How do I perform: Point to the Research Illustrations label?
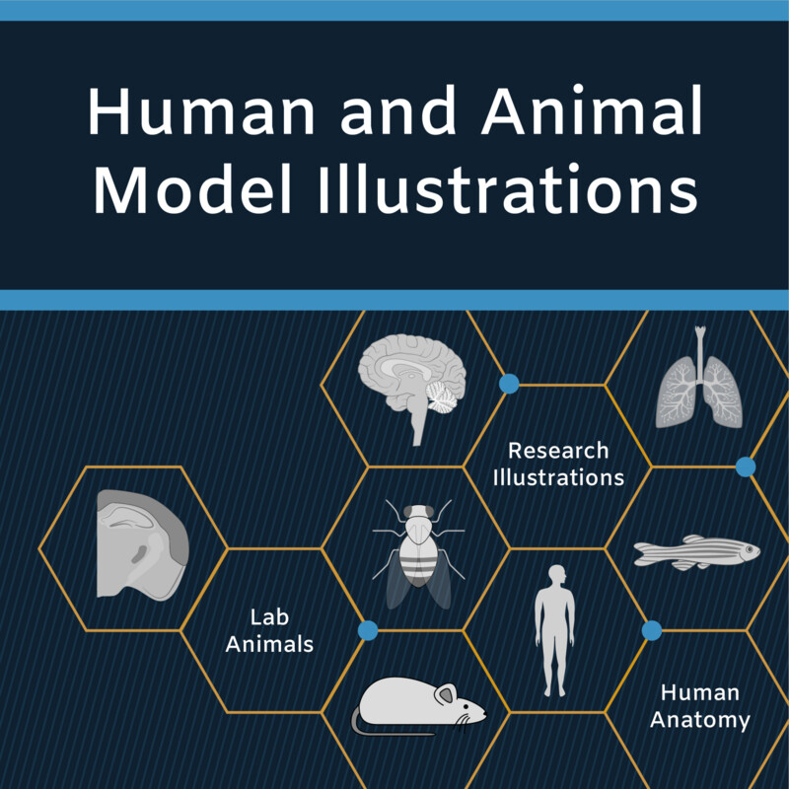click(558, 464)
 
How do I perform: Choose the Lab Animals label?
click(269, 631)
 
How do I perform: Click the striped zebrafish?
click(696, 550)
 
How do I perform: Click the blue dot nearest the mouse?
click(368, 630)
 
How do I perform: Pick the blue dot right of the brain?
click(509, 384)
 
